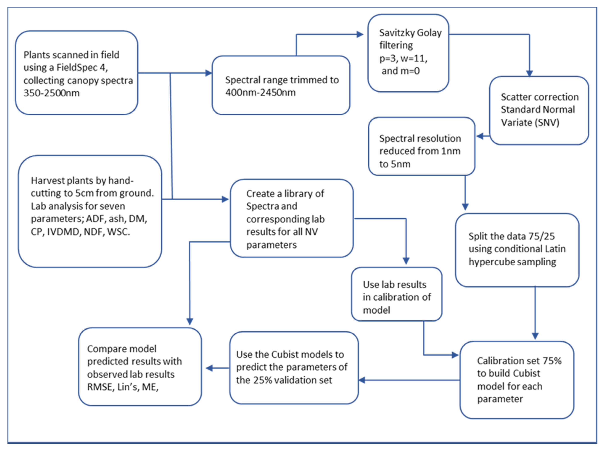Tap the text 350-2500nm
[51, 93]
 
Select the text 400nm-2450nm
[260, 92]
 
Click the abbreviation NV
[312, 232]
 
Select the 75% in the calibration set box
[552, 361]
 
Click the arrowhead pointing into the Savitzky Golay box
[360, 34]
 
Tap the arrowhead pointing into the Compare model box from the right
[209, 368]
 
